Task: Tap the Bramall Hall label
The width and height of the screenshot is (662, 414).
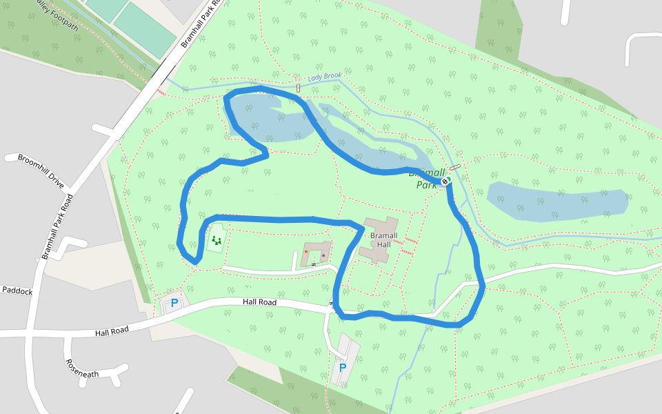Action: pyautogui.click(x=380, y=240)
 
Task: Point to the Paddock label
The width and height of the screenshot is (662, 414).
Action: pyautogui.click(x=17, y=291)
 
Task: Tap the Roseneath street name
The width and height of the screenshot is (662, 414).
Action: pyautogui.click(x=82, y=368)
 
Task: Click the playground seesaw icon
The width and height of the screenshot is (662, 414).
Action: pyautogui.click(x=217, y=240)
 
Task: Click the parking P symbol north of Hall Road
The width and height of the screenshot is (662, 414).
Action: pyautogui.click(x=174, y=303)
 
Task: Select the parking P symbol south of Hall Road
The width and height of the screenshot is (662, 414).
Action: pyautogui.click(x=342, y=368)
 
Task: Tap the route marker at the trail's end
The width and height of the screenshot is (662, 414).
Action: pyautogui.click(x=445, y=181)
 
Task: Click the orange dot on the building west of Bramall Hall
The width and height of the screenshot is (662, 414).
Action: pyautogui.click(x=305, y=252)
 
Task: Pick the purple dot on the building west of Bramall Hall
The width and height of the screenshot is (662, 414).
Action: pyautogui.click(x=323, y=255)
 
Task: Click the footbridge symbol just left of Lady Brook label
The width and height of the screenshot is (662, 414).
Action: pyautogui.click(x=298, y=88)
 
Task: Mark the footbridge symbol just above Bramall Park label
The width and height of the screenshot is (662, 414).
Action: pyautogui.click(x=454, y=167)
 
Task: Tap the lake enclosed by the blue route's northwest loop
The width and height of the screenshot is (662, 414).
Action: pyautogui.click(x=269, y=117)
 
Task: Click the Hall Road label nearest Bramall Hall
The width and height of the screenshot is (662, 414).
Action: pyautogui.click(x=259, y=302)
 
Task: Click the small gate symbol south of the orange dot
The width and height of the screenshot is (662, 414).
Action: pyautogui.click(x=313, y=264)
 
